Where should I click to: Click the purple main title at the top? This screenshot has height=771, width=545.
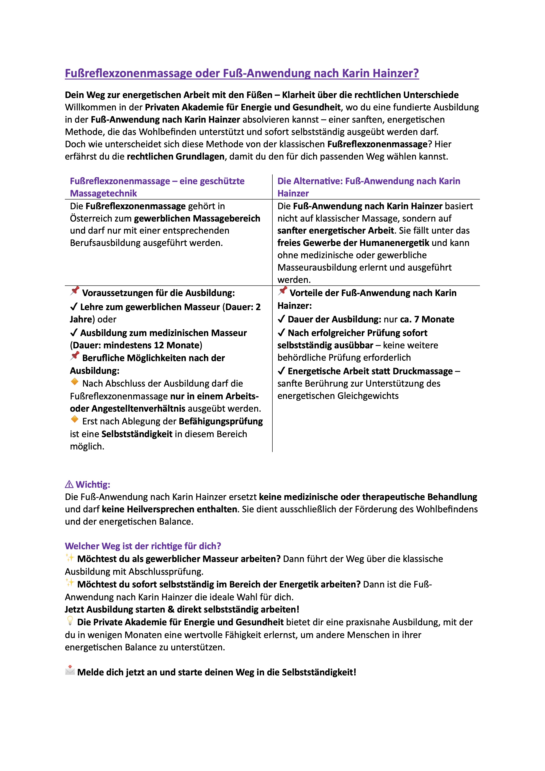click(242, 73)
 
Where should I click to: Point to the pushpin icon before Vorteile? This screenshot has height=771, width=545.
click(283, 291)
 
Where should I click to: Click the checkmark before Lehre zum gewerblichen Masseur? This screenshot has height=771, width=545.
click(74, 307)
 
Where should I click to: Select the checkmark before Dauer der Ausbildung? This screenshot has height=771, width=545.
click(281, 319)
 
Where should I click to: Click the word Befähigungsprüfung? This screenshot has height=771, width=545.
click(221, 421)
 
